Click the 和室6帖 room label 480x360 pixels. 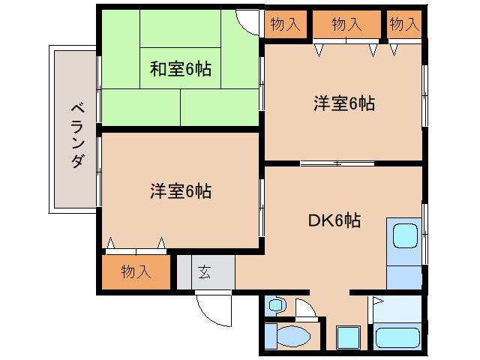[180, 70]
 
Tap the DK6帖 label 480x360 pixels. [334, 220]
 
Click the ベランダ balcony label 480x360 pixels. [76, 134]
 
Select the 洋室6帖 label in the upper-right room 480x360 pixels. [344, 104]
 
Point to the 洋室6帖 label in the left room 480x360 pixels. [180, 191]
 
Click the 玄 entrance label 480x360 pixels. [205, 272]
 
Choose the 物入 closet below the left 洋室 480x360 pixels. [136, 272]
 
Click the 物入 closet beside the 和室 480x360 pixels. [284, 24]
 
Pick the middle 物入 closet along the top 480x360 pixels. [346, 24]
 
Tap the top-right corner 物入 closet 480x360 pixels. [404, 24]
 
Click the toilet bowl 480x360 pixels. [296, 336]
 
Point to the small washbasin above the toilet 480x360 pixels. [275, 306]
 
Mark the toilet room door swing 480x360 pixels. [306, 307]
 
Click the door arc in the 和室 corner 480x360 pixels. [246, 21]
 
